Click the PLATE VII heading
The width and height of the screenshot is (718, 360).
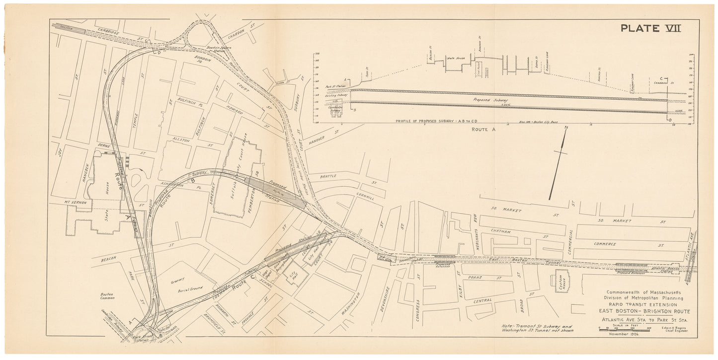(650, 28)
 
